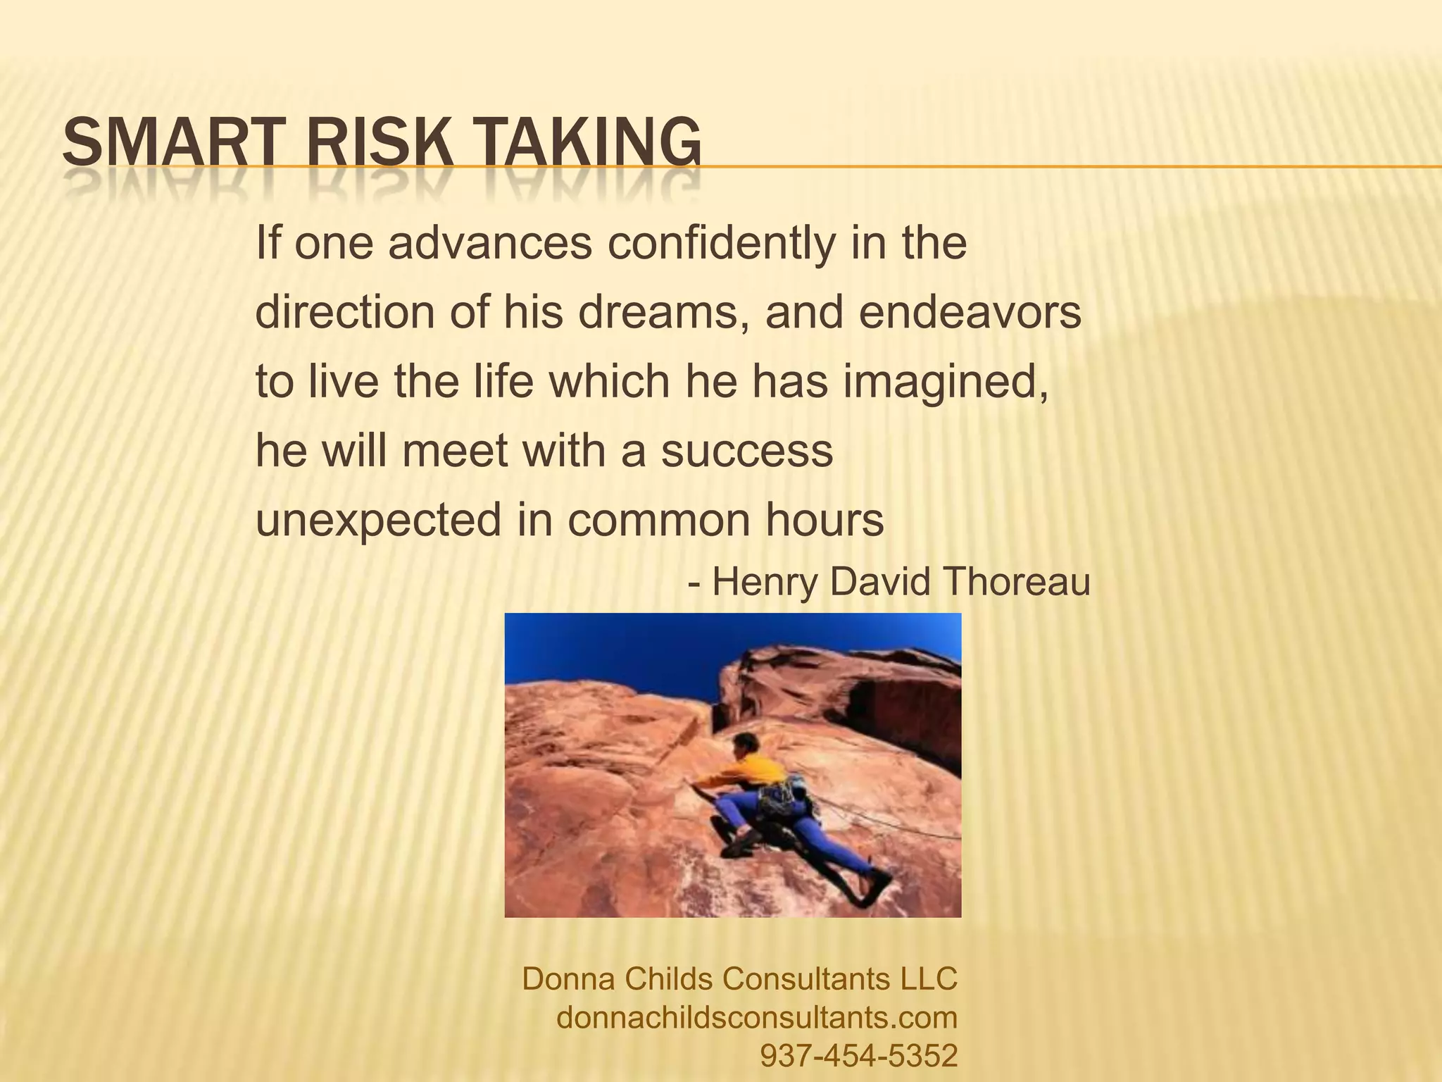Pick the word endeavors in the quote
970,312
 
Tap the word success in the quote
746,451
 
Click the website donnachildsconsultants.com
757,1017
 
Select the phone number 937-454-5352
859,1055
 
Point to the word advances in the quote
490,243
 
